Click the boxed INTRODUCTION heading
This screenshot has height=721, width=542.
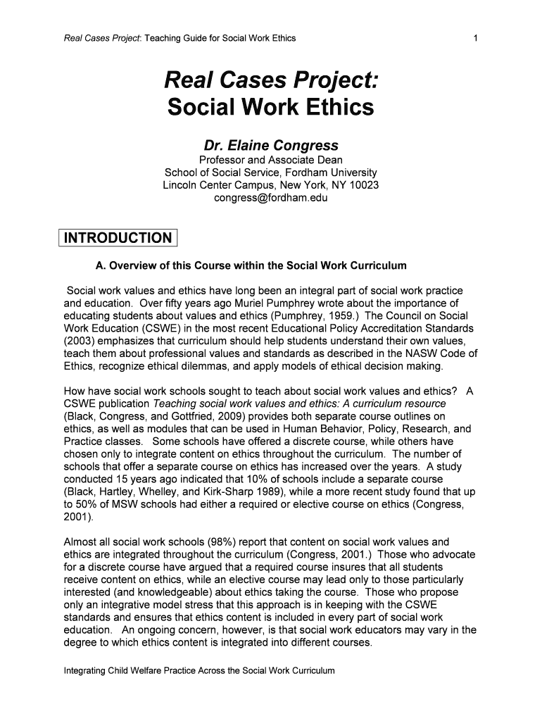point(118,238)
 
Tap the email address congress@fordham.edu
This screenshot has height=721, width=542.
point(271,198)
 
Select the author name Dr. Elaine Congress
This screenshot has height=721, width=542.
point(271,146)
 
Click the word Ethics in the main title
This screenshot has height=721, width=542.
point(334,108)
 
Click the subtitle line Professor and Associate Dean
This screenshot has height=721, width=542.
point(271,160)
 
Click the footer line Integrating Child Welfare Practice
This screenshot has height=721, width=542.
point(199,671)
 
